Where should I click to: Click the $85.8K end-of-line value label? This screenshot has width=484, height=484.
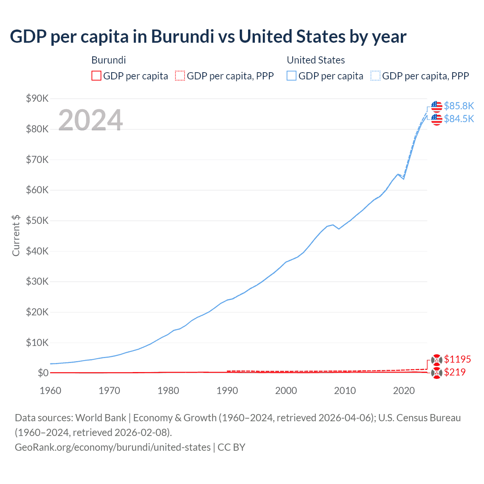tap(459, 106)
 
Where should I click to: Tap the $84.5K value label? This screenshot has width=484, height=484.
tap(459, 119)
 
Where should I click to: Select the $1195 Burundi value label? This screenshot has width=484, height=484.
tap(457, 359)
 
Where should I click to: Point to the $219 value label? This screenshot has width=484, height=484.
tap(455, 372)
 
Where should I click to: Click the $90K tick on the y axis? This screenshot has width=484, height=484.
tap(37, 99)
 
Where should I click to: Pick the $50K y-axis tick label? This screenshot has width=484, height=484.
tap(37, 221)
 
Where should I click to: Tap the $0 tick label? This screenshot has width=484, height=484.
tap(43, 373)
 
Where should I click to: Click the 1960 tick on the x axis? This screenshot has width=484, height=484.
tap(50, 391)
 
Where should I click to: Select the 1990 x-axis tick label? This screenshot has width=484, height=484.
tap(227, 391)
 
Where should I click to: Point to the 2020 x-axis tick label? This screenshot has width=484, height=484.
tap(404, 391)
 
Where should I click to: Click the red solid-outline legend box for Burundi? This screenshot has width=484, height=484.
tap(96, 76)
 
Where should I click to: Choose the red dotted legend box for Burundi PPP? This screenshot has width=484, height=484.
tap(180, 76)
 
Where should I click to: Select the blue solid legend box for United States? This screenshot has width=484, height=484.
tap(292, 76)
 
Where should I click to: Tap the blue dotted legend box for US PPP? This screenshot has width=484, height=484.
tap(375, 76)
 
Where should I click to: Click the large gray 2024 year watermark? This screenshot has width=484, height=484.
tap(90, 120)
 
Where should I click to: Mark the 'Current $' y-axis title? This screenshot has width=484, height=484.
tap(16, 235)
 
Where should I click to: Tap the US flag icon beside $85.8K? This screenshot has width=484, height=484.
tap(436, 107)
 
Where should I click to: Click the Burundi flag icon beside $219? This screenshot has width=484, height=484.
tap(436, 373)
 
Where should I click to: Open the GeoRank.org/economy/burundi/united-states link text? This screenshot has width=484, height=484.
tap(113, 447)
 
